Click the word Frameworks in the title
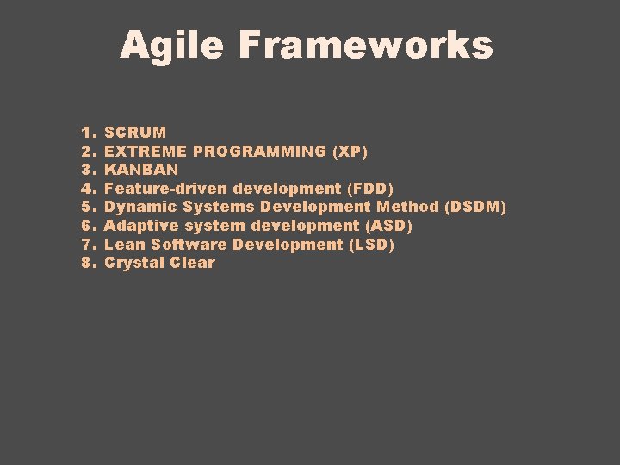pos(366,45)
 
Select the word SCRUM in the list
pos(135,133)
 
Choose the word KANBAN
pos(141,170)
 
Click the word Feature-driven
pos(166,189)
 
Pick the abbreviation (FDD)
pos(370,189)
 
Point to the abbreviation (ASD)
pos(389,226)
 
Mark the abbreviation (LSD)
pos(371,245)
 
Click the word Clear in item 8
pos(192,263)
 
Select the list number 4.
pos(87,189)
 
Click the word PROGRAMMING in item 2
pos(259,152)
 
